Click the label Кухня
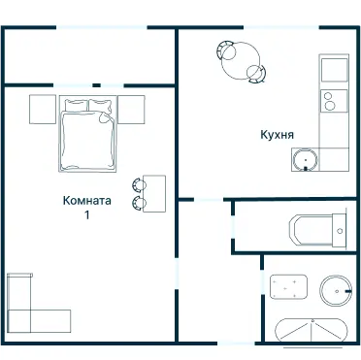[x=278, y=135]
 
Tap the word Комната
[x=87, y=201]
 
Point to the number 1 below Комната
[x=86, y=215]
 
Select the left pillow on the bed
[x=77, y=106]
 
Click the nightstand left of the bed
[x=43, y=110]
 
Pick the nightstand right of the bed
[x=131, y=110]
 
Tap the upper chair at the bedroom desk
[x=139, y=184]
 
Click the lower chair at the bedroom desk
[x=139, y=203]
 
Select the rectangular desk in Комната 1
[x=154, y=194]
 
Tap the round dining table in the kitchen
[x=241, y=61]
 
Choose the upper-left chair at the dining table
[x=225, y=50]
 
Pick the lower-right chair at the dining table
[x=256, y=74]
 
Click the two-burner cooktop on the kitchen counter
[x=334, y=101]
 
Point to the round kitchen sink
[x=305, y=160]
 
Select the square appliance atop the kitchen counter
[x=335, y=70]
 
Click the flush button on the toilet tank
[x=340, y=231]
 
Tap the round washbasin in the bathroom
[x=336, y=291]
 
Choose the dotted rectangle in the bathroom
[x=288, y=287]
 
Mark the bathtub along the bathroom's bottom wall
[x=312, y=330]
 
